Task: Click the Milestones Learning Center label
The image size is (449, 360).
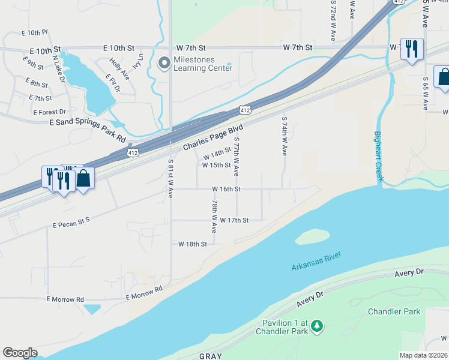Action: [x=203, y=64]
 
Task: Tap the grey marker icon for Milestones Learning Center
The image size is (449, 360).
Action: [x=163, y=63]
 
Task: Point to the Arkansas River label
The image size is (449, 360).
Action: [x=316, y=262]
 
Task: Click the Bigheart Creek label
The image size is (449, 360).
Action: [x=378, y=158]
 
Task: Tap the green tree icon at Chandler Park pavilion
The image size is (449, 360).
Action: [x=316, y=327]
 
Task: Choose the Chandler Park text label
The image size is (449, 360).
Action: [x=394, y=311]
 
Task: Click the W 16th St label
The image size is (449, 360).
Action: [x=226, y=189]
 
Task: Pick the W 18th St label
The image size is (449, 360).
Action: [x=192, y=244]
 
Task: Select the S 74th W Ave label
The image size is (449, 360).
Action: [x=284, y=136]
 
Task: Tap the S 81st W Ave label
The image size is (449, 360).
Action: [x=170, y=179]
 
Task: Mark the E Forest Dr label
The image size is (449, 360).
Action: [x=49, y=112]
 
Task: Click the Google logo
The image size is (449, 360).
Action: [x=20, y=353]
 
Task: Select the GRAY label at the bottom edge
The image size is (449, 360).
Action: [x=211, y=356]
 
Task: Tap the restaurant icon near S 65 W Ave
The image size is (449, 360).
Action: [x=412, y=49]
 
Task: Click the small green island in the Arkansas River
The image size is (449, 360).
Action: [x=312, y=236]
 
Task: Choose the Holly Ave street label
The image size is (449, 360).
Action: [x=119, y=69]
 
